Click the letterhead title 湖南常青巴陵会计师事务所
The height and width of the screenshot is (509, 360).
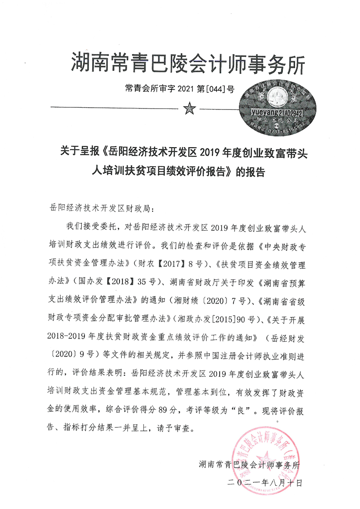(x=187, y=63)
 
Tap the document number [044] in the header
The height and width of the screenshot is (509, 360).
(x=215, y=89)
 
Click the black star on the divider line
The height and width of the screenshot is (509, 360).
(x=188, y=109)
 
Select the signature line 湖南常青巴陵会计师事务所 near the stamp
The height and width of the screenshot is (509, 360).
(x=250, y=465)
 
